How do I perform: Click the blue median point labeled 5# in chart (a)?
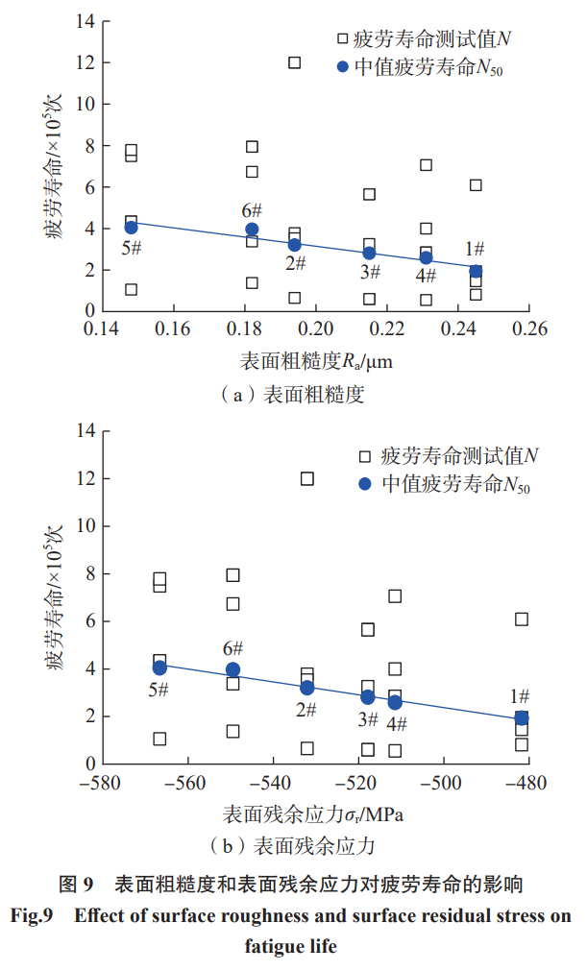(x=132, y=228)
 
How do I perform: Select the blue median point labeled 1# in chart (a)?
(x=476, y=272)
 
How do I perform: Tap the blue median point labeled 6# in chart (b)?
(x=232, y=669)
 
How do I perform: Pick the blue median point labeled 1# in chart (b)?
(x=522, y=717)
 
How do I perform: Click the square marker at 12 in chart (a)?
(x=295, y=62)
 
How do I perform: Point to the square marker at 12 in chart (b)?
(x=307, y=478)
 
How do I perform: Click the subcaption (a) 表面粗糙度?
(x=293, y=394)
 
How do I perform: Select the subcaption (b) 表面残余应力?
(x=292, y=846)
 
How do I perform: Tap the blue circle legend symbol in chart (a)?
(x=342, y=67)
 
